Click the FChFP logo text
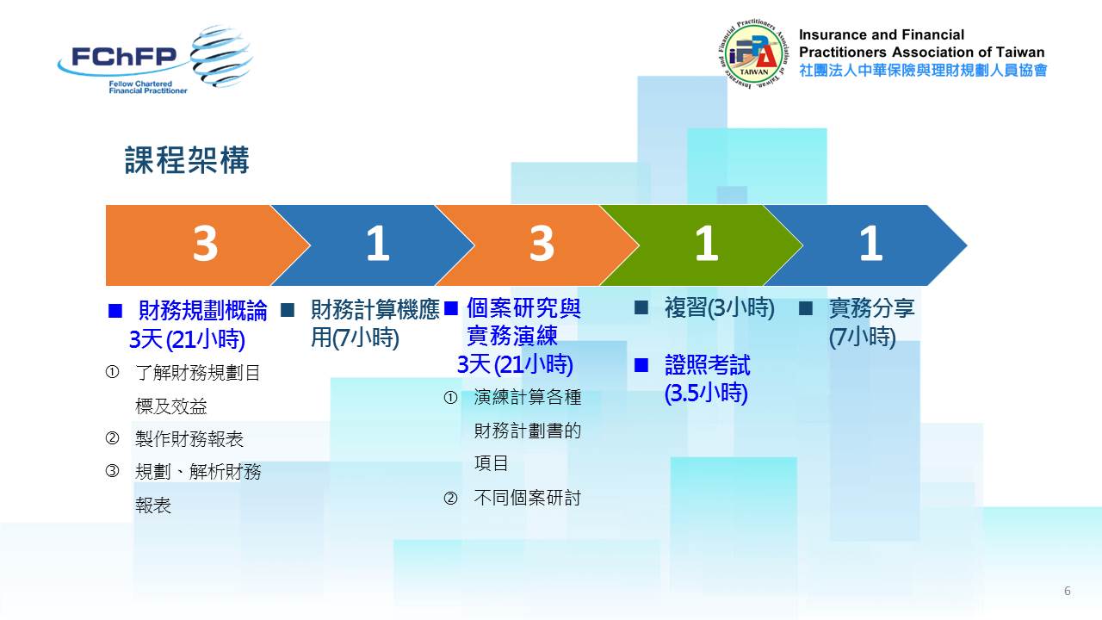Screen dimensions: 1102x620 click(x=124, y=57)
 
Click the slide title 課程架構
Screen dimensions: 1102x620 click(x=187, y=160)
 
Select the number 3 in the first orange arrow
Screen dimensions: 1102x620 click(x=205, y=244)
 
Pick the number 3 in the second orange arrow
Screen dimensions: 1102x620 click(x=542, y=244)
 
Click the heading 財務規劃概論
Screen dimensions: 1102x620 click(x=202, y=311)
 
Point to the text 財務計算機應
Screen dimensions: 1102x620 click(x=375, y=309)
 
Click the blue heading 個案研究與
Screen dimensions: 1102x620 click(x=523, y=308)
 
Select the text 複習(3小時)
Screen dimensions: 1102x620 click(x=719, y=308)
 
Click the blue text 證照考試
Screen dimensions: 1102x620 click(x=707, y=365)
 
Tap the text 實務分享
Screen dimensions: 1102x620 click(x=871, y=308)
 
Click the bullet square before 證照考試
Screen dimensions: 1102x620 click(x=641, y=365)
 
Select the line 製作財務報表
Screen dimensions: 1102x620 click(x=189, y=439)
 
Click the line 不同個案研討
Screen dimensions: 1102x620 click(x=528, y=498)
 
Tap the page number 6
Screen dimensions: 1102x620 click(x=1067, y=591)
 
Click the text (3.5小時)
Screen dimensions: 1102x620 click(x=706, y=394)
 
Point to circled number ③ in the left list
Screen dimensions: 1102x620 click(x=112, y=471)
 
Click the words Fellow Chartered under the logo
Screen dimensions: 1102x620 click(x=140, y=84)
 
